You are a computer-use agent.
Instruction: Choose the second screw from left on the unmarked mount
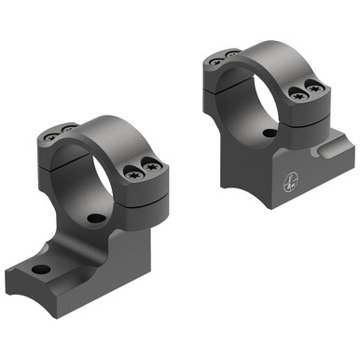71,128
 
